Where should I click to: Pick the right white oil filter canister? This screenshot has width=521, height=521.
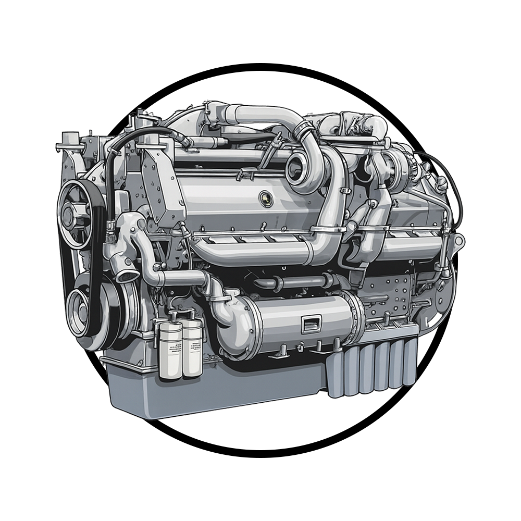tap(192, 348)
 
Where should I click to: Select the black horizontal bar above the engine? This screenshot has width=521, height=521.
tap(260, 81)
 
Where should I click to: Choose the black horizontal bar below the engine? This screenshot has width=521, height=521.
tap(260, 439)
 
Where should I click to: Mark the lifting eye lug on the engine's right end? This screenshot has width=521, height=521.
tap(458, 241)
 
